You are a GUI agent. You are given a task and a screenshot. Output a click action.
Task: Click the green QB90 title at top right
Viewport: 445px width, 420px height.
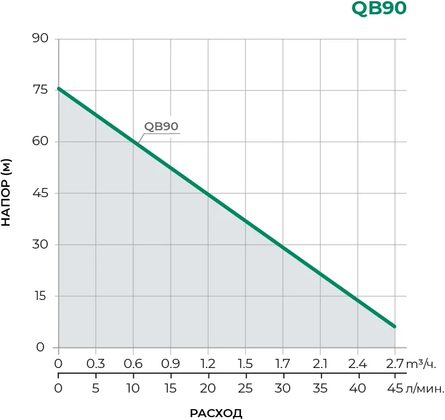click(379, 9)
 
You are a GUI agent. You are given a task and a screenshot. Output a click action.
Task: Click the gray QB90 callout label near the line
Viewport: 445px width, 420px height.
click(162, 127)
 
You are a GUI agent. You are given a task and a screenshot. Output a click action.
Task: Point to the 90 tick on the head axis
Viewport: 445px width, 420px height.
click(41, 39)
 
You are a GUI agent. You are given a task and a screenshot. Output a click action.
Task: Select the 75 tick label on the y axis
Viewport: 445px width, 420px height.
click(41, 90)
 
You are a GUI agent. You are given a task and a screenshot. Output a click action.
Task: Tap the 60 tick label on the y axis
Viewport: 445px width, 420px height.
click(41, 142)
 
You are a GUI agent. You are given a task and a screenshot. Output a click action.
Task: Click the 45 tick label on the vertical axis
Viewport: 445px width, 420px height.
click(41, 193)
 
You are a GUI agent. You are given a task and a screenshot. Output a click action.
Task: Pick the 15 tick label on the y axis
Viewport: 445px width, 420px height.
click(41, 296)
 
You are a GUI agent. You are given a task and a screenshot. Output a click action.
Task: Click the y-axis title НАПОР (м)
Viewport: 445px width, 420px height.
click(7, 193)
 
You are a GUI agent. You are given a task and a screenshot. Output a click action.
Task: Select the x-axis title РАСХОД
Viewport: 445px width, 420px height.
click(216, 413)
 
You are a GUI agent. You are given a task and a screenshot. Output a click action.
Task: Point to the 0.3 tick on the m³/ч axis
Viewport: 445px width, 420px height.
click(95, 364)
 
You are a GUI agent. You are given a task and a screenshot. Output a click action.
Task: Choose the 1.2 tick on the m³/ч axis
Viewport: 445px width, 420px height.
click(207, 364)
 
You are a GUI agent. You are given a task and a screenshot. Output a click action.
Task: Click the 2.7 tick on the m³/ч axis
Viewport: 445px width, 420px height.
click(395, 364)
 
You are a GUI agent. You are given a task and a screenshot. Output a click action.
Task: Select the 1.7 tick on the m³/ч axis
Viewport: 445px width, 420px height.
click(282, 364)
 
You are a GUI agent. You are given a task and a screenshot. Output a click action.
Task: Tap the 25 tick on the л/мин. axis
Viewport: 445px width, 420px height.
click(244, 389)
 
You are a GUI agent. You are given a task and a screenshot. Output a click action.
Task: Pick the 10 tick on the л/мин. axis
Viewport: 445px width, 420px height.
click(133, 389)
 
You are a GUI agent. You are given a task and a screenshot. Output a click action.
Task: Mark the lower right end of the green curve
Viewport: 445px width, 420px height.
click(394, 326)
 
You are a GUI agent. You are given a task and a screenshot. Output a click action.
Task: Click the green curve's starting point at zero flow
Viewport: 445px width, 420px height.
click(59, 89)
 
